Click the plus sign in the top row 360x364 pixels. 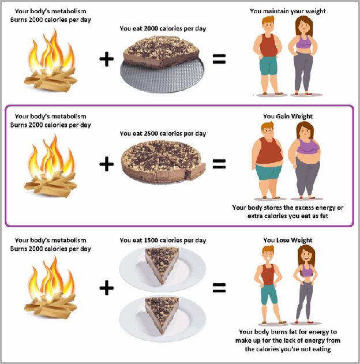point(106,59)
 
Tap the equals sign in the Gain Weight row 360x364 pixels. point(219,164)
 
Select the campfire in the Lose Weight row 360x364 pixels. point(51,287)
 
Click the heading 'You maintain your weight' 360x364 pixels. point(287,11)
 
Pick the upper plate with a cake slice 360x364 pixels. point(163,269)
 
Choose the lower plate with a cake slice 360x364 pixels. point(163,318)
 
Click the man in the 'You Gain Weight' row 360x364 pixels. point(268,160)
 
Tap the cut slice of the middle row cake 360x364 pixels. point(196,171)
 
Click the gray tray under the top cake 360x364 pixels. point(163,77)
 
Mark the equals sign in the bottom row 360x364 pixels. point(219,288)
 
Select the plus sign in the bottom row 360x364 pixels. point(106,288)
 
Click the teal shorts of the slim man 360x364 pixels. point(269,295)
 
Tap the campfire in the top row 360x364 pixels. point(50,61)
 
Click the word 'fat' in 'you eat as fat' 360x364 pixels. point(324,216)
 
